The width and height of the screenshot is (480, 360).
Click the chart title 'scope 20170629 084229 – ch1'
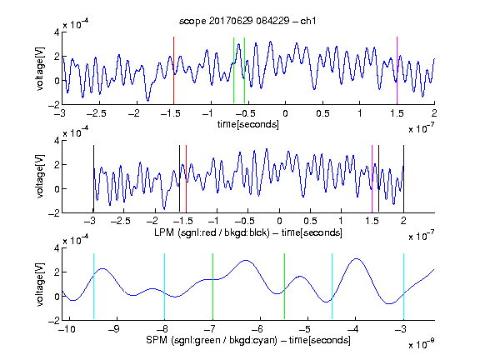(247, 21)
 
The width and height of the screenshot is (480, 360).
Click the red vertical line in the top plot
(173, 71)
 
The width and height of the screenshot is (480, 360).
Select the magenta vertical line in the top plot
(397, 71)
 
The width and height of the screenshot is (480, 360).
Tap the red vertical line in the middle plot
(186, 179)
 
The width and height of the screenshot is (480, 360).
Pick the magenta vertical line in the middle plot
(372, 179)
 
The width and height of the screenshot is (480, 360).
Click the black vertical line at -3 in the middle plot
(93, 179)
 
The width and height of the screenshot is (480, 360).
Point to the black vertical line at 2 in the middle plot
(403, 179)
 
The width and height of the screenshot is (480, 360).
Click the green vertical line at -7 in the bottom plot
(212, 287)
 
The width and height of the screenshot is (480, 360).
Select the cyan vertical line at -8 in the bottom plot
(164, 287)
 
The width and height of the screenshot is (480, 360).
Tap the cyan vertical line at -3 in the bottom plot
(403, 287)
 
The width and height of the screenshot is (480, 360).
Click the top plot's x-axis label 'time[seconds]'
(248, 125)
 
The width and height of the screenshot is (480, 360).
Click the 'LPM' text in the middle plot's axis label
(164, 232)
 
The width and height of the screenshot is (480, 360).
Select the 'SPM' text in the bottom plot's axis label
(157, 340)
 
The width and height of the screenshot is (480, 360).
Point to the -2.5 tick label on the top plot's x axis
(96, 113)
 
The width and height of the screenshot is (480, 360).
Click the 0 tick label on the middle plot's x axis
(279, 221)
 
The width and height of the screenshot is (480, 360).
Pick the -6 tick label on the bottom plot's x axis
(258, 329)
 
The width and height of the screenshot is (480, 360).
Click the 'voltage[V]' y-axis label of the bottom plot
(40, 284)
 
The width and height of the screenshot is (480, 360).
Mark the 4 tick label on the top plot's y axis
(57, 32)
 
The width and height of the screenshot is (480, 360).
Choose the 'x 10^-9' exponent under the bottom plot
(422, 343)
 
